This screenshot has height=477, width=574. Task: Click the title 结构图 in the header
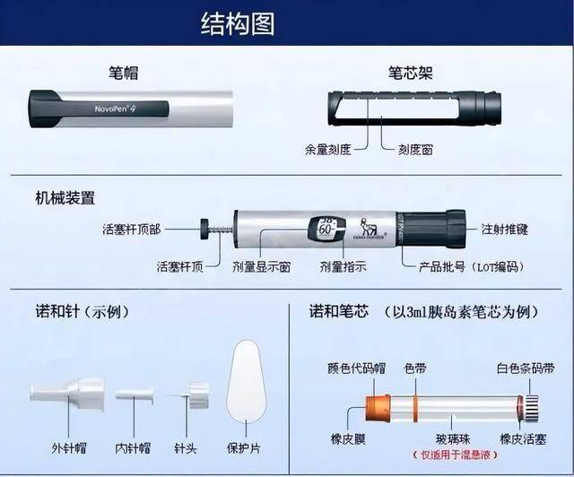coord(237,23)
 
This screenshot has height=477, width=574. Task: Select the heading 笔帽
coord(123,71)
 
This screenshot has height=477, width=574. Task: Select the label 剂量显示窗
coord(261,266)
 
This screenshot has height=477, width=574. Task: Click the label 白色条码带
coord(526,368)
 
